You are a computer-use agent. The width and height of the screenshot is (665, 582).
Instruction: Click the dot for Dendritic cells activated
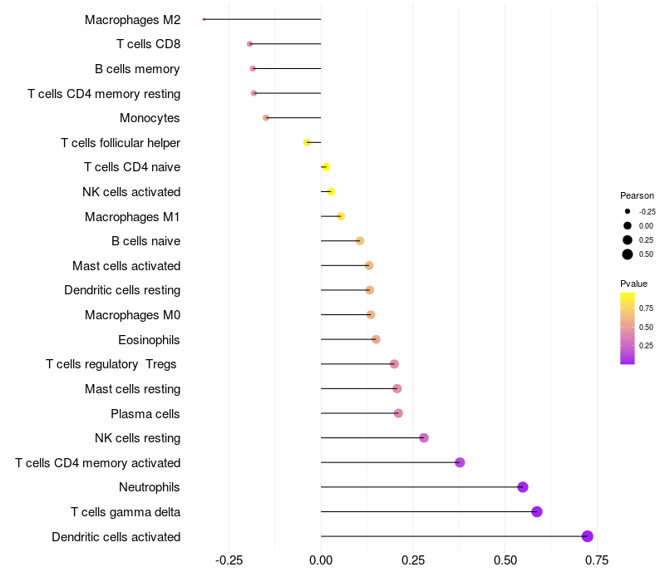tap(588, 536)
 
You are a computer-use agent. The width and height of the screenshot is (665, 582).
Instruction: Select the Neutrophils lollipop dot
tap(523, 487)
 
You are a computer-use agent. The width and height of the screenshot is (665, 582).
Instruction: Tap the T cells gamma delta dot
tap(537, 511)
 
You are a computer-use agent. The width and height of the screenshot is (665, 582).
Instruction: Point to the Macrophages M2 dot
tap(204, 19)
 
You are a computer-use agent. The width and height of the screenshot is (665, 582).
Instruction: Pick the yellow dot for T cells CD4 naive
tap(326, 167)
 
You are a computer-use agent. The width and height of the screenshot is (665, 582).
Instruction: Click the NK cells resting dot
tap(424, 438)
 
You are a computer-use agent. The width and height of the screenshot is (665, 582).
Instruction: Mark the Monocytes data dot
tap(266, 118)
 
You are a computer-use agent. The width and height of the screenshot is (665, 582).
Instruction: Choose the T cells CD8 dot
tap(249, 44)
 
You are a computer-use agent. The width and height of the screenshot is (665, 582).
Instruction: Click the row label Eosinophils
tap(149, 340)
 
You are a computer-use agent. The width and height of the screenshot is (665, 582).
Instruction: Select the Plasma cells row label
tap(145, 414)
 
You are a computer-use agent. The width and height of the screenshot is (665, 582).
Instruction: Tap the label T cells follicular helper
tap(121, 143)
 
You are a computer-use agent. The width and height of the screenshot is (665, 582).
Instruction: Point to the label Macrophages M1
tap(132, 217)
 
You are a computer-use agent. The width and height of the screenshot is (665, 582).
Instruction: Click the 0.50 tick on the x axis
tap(505, 560)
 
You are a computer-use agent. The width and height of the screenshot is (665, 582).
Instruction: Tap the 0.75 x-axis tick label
tap(596, 560)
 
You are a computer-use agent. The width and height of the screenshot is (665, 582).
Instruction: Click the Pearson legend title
tap(637, 195)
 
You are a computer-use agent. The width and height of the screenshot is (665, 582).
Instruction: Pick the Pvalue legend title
tap(633, 284)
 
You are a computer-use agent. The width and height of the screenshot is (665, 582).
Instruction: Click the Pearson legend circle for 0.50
tap(628, 254)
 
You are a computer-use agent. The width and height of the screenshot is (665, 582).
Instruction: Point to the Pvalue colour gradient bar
tap(628, 328)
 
